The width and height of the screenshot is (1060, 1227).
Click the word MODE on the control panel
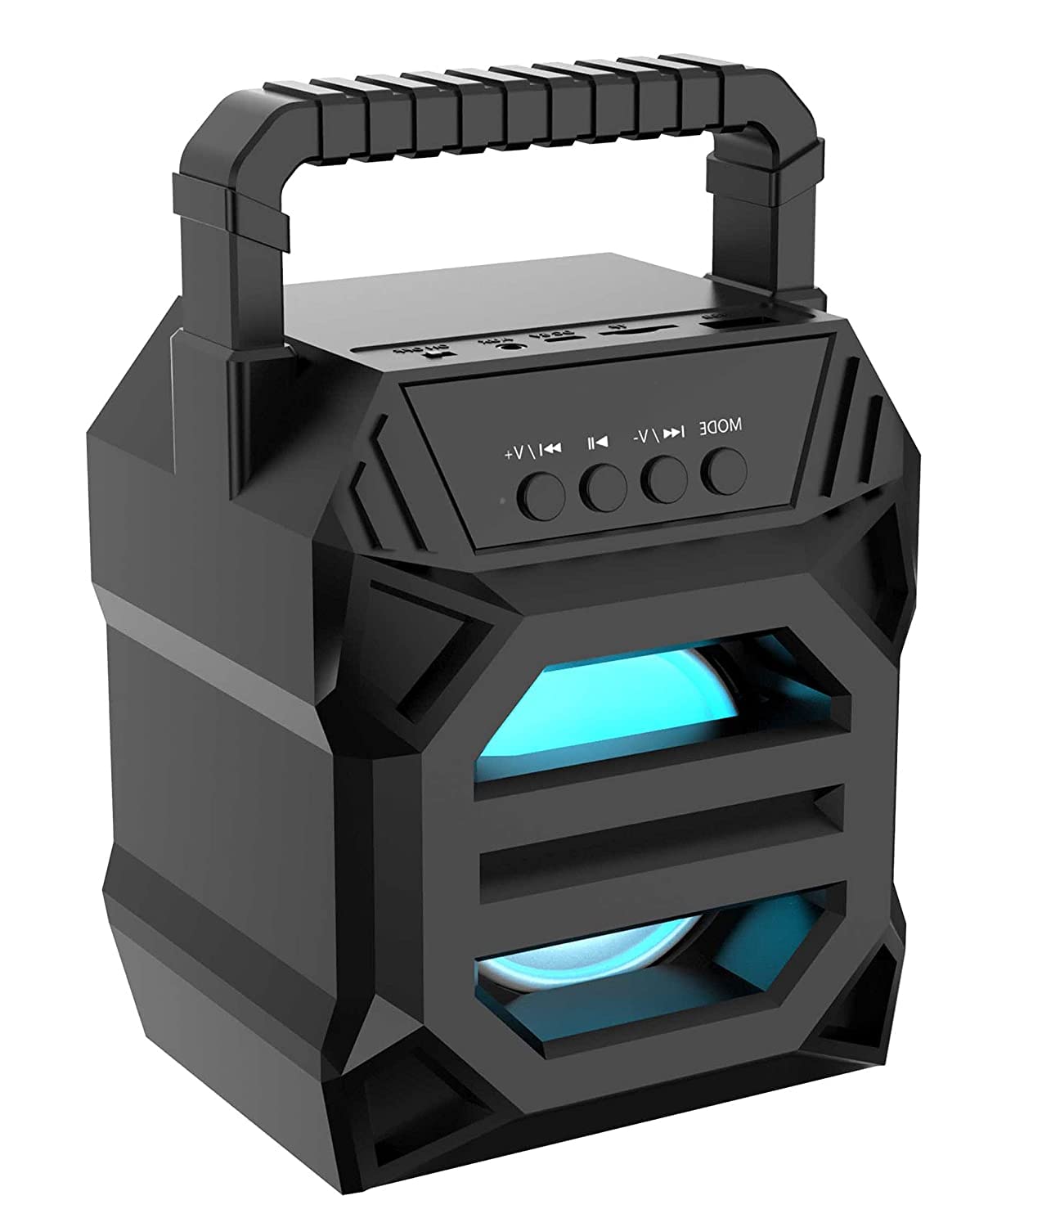pos(721,427)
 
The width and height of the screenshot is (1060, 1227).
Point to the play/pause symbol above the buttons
pos(596,442)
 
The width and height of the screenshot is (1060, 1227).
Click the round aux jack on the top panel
pos(513,344)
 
